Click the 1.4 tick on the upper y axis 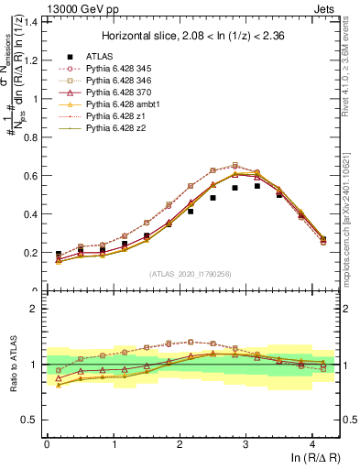pyautogui.click(x=31, y=21)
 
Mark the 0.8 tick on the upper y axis pyautogui.click(x=31, y=136)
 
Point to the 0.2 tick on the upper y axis pyautogui.click(x=31, y=253)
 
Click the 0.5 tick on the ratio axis pyautogui.click(x=31, y=420)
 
